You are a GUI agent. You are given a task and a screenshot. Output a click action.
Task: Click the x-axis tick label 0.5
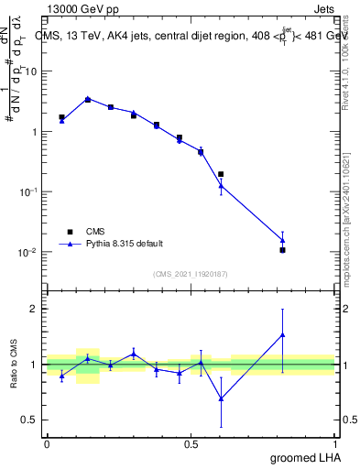(191, 443)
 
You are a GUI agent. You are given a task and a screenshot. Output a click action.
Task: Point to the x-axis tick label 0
(47, 443)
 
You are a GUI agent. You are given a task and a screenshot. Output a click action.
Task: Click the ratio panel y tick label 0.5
(28, 420)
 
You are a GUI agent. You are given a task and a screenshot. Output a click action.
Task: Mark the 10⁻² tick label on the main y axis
(28, 252)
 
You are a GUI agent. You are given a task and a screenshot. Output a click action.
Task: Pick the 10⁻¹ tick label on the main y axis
(28, 191)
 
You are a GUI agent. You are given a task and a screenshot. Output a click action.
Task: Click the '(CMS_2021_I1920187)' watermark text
(191, 273)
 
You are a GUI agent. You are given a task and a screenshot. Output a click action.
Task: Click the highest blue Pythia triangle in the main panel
(87, 98)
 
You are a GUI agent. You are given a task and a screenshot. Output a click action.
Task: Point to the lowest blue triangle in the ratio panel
(221, 398)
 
